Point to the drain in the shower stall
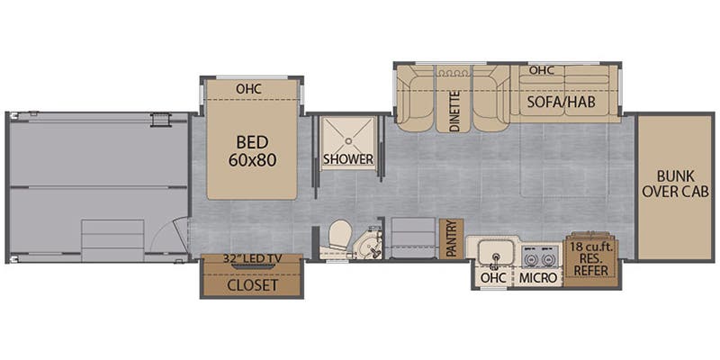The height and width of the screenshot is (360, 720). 347,135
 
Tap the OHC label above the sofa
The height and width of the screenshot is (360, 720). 541,70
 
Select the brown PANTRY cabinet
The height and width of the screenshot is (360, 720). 451,239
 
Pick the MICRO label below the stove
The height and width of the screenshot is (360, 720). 539,278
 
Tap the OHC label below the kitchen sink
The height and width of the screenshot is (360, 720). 493,278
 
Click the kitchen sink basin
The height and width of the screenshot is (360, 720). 496,252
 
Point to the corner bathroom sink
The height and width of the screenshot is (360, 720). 369,244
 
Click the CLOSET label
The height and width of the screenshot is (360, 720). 251,285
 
